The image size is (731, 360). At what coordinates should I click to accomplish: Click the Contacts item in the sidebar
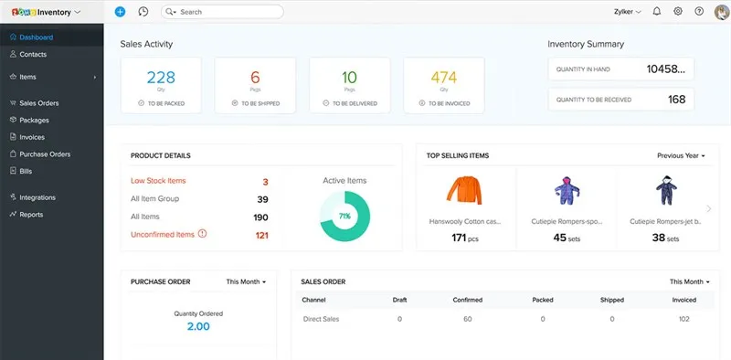pyautogui.click(x=34, y=54)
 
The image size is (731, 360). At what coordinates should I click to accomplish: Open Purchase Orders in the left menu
pyautogui.click(x=45, y=154)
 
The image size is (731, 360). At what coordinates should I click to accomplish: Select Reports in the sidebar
pyautogui.click(x=31, y=215)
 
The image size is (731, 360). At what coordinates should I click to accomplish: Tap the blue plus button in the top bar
pyautogui.click(x=121, y=12)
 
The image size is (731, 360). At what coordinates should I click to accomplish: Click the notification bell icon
pyautogui.click(x=657, y=12)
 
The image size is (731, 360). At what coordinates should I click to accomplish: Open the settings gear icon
pyautogui.click(x=678, y=12)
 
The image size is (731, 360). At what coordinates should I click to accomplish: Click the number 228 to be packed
pyautogui.click(x=161, y=78)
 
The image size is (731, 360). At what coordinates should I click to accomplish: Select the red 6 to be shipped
pyautogui.click(x=255, y=78)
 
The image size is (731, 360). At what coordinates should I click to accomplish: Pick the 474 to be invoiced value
pyautogui.click(x=443, y=78)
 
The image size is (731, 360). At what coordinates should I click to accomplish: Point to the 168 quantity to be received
pyautogui.click(x=676, y=100)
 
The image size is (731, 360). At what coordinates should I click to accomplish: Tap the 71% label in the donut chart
pyautogui.click(x=344, y=217)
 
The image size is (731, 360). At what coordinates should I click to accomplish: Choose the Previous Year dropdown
pyautogui.click(x=681, y=156)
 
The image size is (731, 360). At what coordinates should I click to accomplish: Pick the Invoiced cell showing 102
pyautogui.click(x=683, y=319)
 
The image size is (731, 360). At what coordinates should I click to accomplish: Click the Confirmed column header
pyautogui.click(x=467, y=300)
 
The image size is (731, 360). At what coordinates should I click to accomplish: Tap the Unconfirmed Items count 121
pyautogui.click(x=261, y=235)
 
